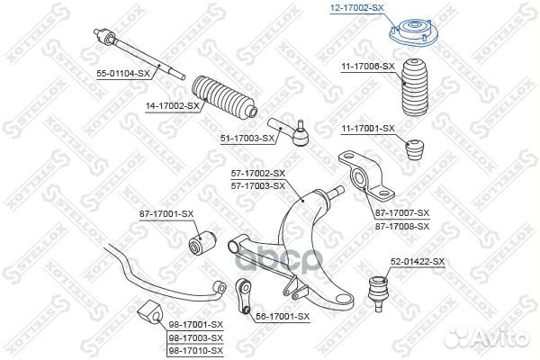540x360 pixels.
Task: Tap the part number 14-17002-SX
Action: click(x=173, y=106)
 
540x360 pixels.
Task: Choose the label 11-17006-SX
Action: click(x=368, y=66)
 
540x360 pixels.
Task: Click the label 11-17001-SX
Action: click(x=367, y=129)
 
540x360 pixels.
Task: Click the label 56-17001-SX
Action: click(x=283, y=316)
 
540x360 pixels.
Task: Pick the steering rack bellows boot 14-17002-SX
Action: click(x=221, y=97)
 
